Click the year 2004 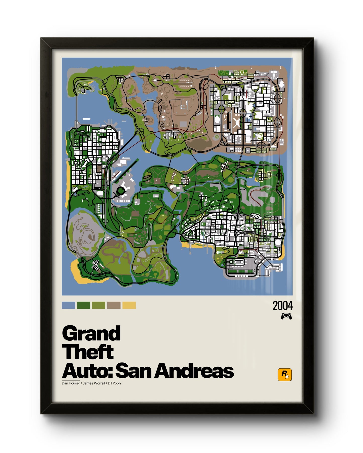[x=283, y=306]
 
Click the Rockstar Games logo [x=284, y=374]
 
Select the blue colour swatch [x=68, y=305]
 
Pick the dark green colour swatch [x=83, y=305]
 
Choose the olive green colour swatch [x=98, y=305]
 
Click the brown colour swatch [x=114, y=305]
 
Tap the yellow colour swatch [x=129, y=305]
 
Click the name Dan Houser [x=71, y=383]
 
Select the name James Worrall [x=94, y=383]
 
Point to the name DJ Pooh [x=114, y=383]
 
